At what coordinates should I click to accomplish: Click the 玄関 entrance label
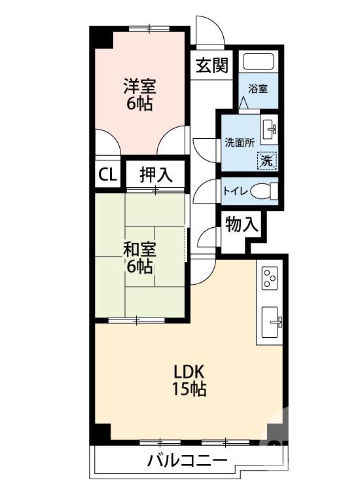(x=211, y=65)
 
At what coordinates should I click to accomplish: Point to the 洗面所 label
(x=240, y=142)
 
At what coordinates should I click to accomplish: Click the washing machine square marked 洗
(x=267, y=159)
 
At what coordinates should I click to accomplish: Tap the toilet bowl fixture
(x=264, y=191)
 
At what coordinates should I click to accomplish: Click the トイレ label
(x=236, y=191)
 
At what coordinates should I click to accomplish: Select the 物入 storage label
(x=242, y=225)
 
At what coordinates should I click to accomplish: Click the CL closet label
(x=107, y=175)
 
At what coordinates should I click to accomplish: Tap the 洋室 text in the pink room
(x=140, y=86)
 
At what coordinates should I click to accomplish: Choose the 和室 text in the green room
(x=139, y=249)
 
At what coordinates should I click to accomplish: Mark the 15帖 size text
(x=189, y=390)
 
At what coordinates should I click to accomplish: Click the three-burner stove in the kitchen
(x=269, y=278)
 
